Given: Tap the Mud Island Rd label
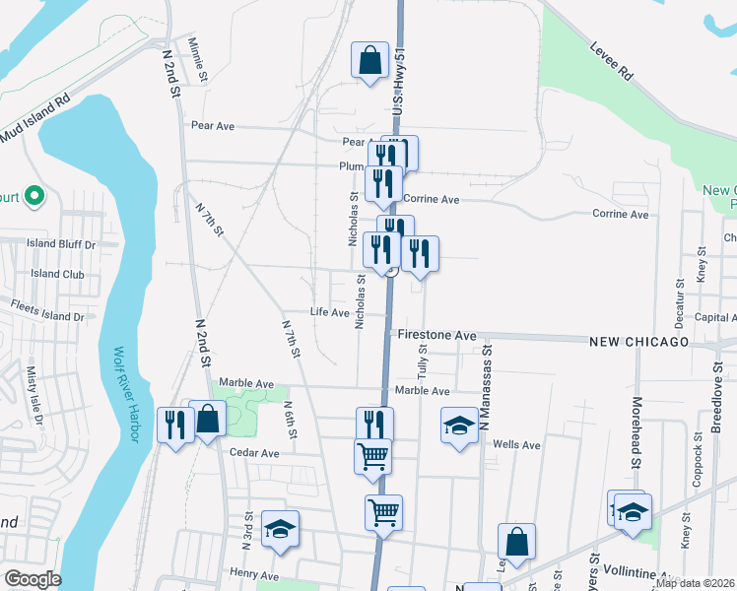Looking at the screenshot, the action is (x=35, y=117).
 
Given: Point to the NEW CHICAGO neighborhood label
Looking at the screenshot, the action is (x=639, y=341).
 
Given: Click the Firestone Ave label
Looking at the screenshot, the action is (x=437, y=336).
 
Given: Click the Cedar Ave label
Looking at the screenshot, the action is (x=255, y=453).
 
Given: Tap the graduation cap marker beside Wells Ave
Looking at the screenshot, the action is (x=459, y=426).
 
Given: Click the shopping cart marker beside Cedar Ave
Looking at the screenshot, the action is (x=372, y=456).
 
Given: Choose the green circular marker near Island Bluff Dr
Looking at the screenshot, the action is (x=34, y=197).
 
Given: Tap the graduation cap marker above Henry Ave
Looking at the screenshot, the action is (x=280, y=530).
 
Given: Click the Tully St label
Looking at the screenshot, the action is (x=421, y=362).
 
